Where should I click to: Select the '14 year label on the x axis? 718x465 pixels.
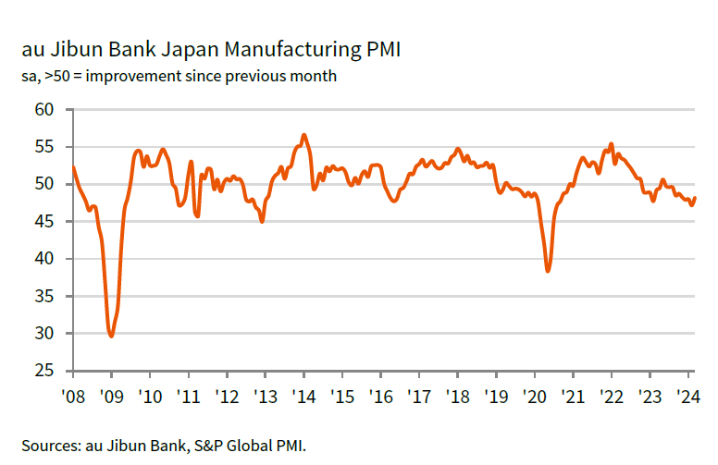point(303,396)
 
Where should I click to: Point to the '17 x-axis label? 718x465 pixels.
point(419,396)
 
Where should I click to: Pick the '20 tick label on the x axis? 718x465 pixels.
point(534,396)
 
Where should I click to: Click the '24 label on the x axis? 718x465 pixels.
point(687,396)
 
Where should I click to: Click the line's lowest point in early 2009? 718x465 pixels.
point(112,336)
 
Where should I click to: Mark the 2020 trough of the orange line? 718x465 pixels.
point(549,271)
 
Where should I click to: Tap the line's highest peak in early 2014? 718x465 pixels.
point(303,135)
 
